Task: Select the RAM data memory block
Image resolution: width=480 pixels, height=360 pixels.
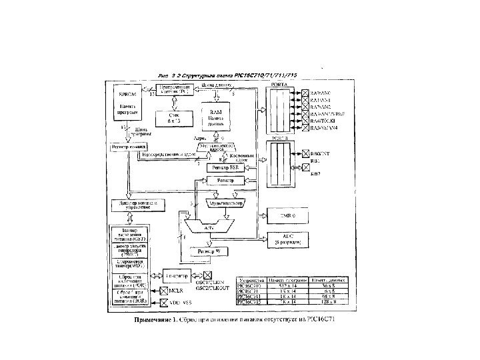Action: (x=215, y=115)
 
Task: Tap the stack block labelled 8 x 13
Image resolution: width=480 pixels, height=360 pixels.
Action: (x=173, y=119)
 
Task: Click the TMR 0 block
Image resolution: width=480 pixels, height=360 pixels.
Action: (x=285, y=215)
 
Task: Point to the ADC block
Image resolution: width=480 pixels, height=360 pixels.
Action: (x=285, y=239)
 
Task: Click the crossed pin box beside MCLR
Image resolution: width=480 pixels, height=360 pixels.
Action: (x=165, y=291)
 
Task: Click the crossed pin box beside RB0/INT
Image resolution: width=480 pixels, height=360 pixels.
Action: (x=305, y=153)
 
